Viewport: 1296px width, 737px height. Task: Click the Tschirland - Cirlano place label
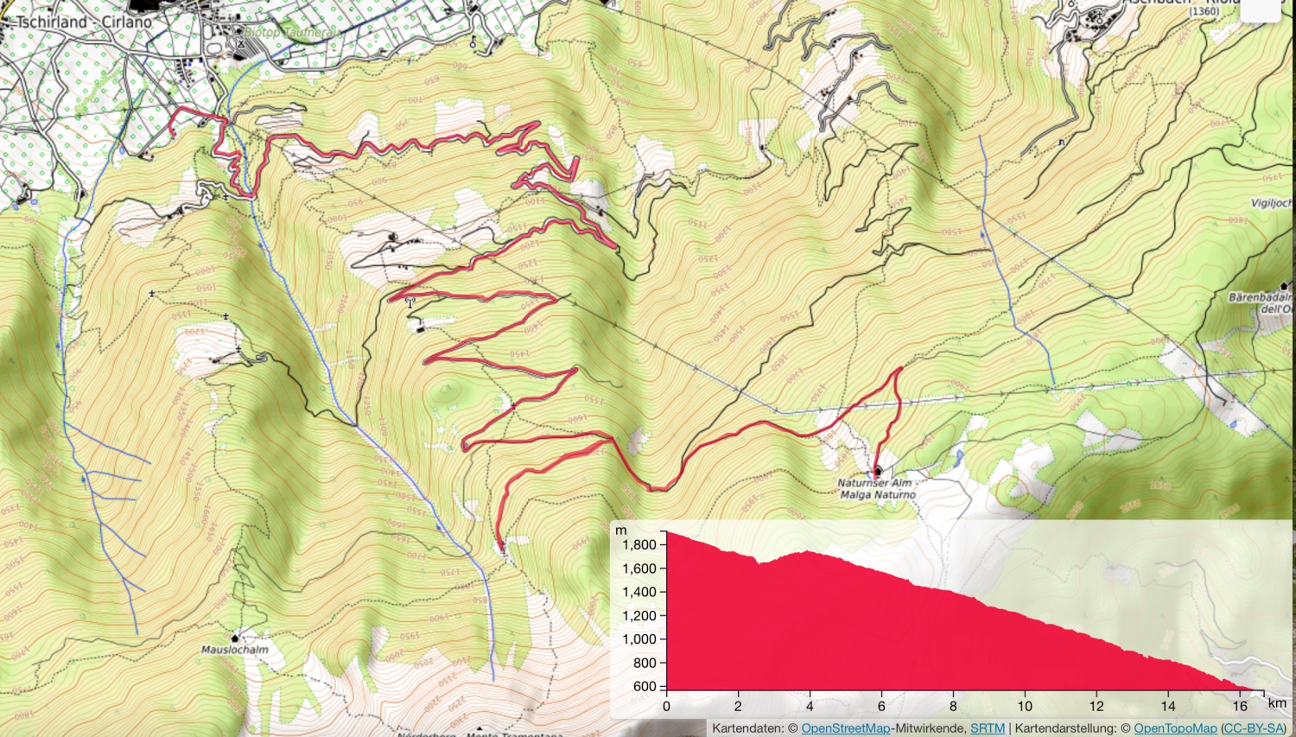84,22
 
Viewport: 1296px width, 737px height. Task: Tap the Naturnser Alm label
874,484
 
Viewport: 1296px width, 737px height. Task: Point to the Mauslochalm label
234,650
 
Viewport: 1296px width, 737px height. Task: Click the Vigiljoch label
1272,203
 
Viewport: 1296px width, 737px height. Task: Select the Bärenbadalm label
1261,297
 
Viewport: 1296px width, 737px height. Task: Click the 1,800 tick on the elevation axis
639,545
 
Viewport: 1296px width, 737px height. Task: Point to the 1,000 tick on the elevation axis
639,639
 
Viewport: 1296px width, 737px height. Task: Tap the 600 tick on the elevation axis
645,687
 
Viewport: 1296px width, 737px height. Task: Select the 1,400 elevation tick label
639,592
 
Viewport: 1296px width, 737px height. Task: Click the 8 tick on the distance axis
953,706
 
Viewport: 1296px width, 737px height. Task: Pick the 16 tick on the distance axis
1240,706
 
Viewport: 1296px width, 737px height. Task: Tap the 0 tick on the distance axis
666,706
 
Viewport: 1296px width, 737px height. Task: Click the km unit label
1276,703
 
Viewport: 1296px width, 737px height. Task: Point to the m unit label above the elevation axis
620,530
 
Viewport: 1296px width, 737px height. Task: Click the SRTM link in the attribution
987,728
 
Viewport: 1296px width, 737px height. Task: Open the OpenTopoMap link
1175,728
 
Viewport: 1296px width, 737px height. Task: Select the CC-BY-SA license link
1253,728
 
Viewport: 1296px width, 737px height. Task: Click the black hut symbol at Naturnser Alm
878,472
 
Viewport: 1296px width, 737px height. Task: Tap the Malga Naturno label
877,495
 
